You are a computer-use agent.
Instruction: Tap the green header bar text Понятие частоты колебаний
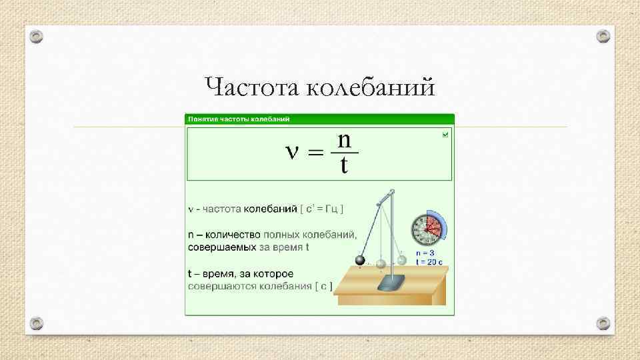point(239,119)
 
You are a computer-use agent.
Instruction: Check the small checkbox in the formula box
point(446,135)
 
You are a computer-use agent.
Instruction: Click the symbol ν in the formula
point(291,153)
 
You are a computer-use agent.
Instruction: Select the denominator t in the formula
point(344,165)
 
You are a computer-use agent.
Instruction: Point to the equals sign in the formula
point(315,153)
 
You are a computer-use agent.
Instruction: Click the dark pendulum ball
point(360,261)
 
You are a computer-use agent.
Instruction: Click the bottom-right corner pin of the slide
point(603,323)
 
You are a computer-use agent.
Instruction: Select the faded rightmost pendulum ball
point(402,261)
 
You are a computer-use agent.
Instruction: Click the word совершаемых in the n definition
point(221,247)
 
